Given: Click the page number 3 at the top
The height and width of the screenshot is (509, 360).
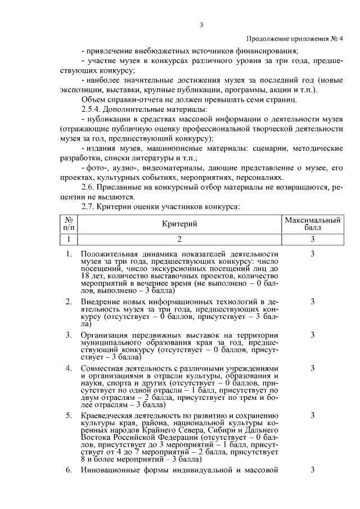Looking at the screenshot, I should coord(201,24).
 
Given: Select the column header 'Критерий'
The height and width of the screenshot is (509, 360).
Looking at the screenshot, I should coord(179,224).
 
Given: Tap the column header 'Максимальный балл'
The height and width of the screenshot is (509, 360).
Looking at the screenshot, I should coord(312,224).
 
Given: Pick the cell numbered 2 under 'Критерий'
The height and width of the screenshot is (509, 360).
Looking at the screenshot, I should coord(179,239).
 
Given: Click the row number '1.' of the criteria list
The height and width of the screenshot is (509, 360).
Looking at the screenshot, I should coord(68,254).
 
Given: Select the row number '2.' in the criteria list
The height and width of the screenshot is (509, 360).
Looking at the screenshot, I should coord(68,302).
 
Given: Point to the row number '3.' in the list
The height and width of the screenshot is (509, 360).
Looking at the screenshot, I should coord(68,335).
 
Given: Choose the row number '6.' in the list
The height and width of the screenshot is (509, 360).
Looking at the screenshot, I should coord(68,470).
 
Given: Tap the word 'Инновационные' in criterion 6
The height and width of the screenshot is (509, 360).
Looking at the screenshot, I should coord(109,470).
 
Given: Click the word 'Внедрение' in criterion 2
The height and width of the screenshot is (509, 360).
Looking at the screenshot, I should coord(100,302).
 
